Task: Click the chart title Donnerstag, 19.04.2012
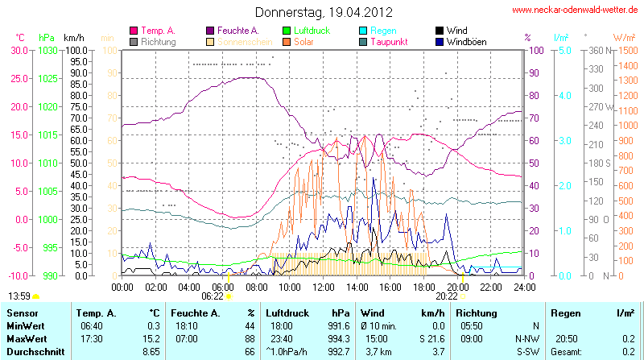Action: tap(323, 12)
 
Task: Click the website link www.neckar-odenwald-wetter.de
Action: tap(576, 10)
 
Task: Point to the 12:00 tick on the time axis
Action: tap(323, 287)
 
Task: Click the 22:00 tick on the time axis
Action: tap(491, 287)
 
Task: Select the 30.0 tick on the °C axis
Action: tap(19, 50)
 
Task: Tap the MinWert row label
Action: tap(25, 325)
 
